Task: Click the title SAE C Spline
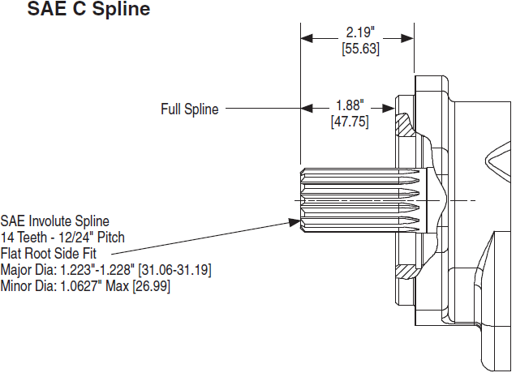89,11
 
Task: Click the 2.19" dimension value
359,33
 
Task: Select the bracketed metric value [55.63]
359,49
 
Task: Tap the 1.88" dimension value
350,105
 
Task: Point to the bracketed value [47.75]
350,121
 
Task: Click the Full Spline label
189,109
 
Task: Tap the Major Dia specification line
106,269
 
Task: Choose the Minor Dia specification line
85,285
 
